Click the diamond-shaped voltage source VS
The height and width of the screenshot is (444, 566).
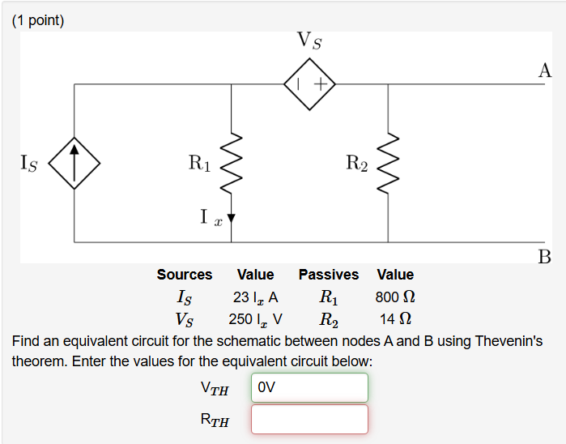point(310,83)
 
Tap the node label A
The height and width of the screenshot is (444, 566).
point(545,70)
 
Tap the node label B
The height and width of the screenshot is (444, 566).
point(545,258)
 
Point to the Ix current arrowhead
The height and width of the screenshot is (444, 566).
point(232,217)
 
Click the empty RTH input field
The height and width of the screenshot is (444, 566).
point(309,419)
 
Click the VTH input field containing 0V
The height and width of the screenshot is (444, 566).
point(309,387)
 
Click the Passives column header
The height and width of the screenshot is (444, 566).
point(328,275)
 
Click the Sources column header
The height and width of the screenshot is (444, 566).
point(185,275)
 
